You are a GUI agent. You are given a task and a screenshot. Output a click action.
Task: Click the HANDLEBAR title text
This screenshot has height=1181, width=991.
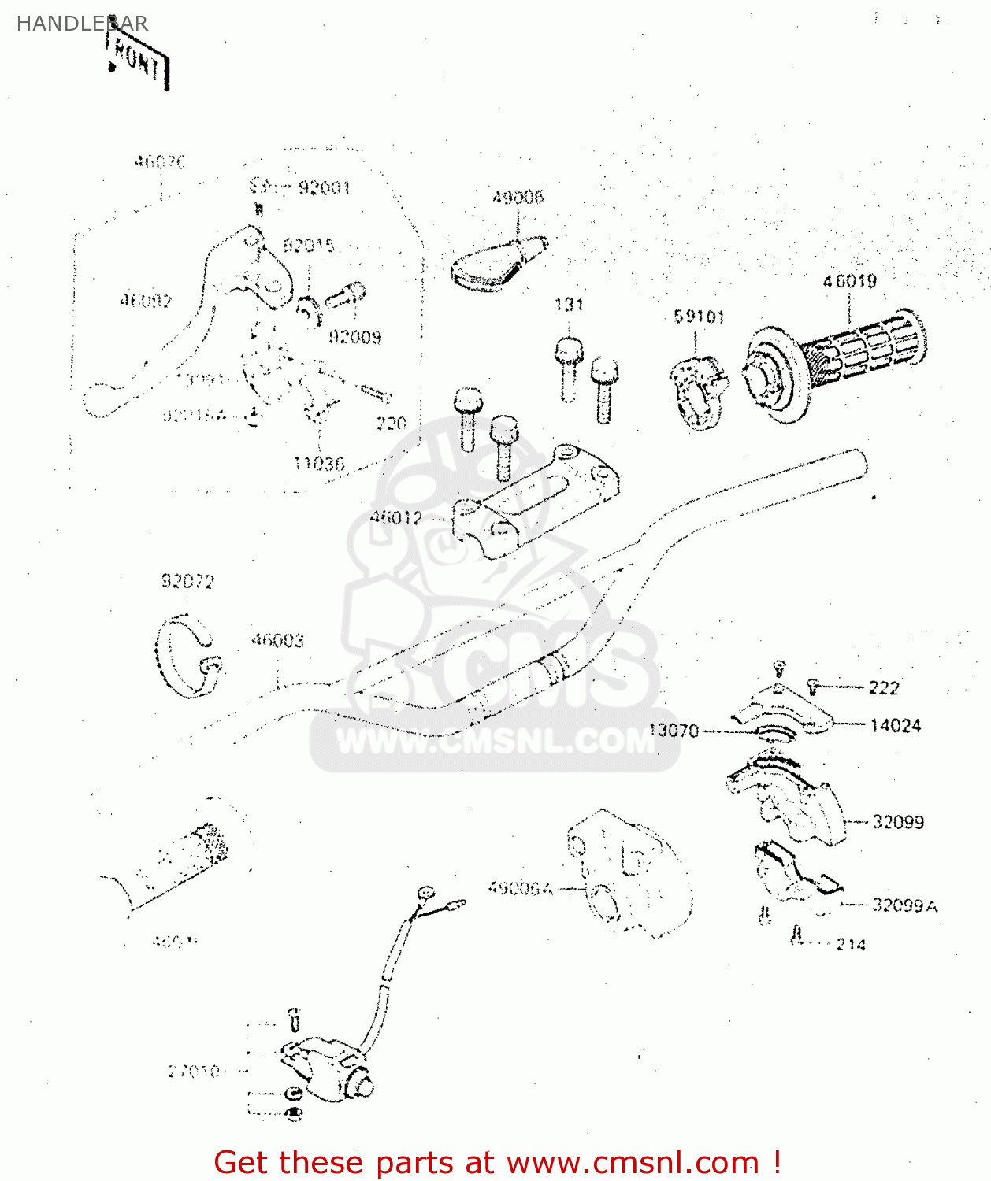pos(82,24)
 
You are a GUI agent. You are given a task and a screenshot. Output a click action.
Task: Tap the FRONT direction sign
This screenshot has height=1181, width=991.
pos(138,61)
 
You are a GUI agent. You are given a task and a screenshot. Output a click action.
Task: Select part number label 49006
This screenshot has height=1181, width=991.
pos(518,197)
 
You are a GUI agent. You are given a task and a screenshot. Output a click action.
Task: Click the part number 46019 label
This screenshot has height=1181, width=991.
pos(849,281)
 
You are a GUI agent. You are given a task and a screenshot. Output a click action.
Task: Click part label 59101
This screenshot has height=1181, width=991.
pos(699,317)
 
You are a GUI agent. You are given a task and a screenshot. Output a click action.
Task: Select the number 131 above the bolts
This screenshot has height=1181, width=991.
pos(569,305)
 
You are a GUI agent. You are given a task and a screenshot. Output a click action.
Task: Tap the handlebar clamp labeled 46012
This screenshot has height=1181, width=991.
pos(536,504)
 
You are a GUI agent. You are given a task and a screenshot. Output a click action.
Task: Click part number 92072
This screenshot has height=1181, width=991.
pos(187,581)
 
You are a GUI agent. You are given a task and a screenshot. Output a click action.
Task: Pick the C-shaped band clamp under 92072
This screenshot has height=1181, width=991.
pos(187,655)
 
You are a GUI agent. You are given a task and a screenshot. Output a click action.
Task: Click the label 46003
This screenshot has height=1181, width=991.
pos(277,640)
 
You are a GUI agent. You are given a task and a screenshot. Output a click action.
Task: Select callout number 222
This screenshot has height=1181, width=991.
pos(883,688)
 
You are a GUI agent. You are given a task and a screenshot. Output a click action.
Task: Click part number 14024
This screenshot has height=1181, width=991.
pos(895,726)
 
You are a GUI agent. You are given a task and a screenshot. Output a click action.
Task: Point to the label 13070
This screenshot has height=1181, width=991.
pos(674,731)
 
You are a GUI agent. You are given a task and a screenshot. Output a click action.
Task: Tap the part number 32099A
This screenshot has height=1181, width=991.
pos(904,905)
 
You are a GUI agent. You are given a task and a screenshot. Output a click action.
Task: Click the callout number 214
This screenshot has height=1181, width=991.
pos(850,944)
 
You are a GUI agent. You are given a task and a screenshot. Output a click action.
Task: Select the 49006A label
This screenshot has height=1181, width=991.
pos(520,888)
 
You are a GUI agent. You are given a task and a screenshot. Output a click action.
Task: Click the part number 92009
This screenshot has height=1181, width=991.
pos(355,337)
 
